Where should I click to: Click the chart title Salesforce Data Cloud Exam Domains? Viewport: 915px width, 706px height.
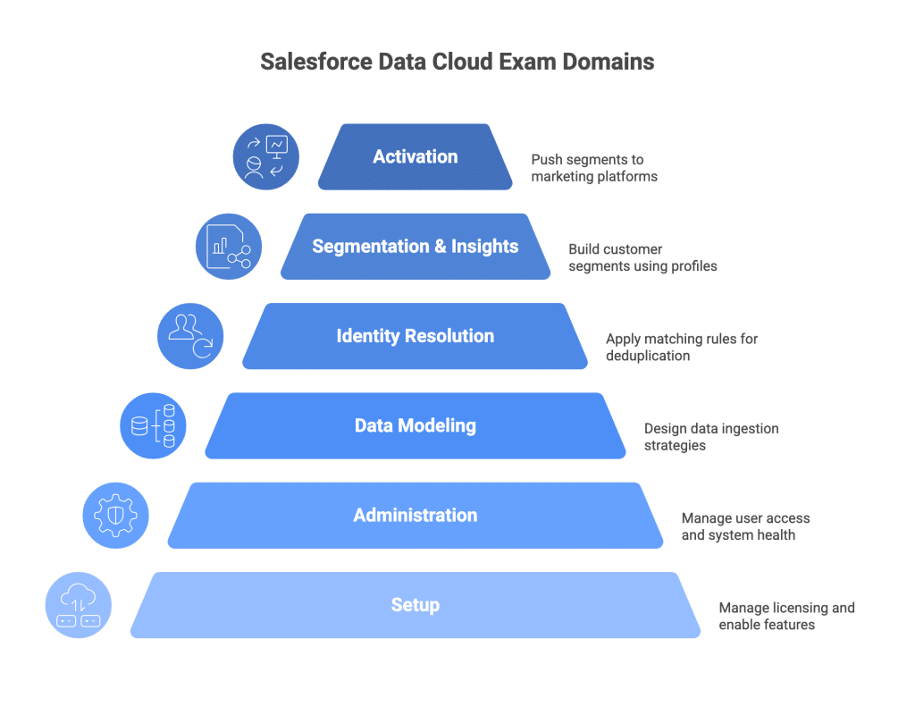click(457, 62)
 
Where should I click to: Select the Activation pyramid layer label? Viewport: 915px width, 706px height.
click(415, 156)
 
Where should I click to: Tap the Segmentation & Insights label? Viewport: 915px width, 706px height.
click(415, 247)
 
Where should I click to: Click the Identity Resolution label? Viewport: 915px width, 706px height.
click(415, 336)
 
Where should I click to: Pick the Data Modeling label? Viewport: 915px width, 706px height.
click(415, 425)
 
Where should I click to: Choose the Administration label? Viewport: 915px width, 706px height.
click(415, 515)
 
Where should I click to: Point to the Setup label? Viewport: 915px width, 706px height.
click(415, 605)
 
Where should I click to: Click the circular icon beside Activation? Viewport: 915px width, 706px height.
click(265, 156)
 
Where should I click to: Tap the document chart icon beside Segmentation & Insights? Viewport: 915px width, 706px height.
click(228, 246)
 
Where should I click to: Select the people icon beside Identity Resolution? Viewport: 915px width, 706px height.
click(190, 336)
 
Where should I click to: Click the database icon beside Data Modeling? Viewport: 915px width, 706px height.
click(153, 425)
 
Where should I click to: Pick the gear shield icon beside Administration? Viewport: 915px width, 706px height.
click(115, 515)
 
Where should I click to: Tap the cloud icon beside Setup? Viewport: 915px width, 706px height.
click(78, 605)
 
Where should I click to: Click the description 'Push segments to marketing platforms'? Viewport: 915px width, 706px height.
click(593, 168)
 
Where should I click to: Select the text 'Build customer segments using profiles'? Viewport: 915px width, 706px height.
click(642, 257)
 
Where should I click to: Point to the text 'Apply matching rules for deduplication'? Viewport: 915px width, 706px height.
click(681, 347)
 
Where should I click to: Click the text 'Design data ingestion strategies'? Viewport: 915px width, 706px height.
click(711, 436)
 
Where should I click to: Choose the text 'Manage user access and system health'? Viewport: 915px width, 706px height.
click(745, 526)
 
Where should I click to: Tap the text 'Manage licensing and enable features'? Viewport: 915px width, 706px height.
click(786, 616)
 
